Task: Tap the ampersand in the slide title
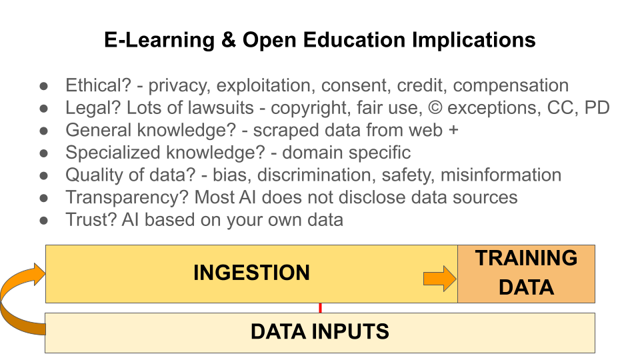click(x=226, y=40)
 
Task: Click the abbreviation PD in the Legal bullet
click(x=597, y=108)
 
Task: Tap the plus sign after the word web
click(x=453, y=131)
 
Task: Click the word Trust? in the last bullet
click(x=90, y=220)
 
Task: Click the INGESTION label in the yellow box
click(x=251, y=273)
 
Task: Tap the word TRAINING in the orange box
click(x=526, y=259)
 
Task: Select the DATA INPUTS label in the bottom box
click(x=319, y=331)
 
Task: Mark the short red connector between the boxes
click(x=320, y=308)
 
